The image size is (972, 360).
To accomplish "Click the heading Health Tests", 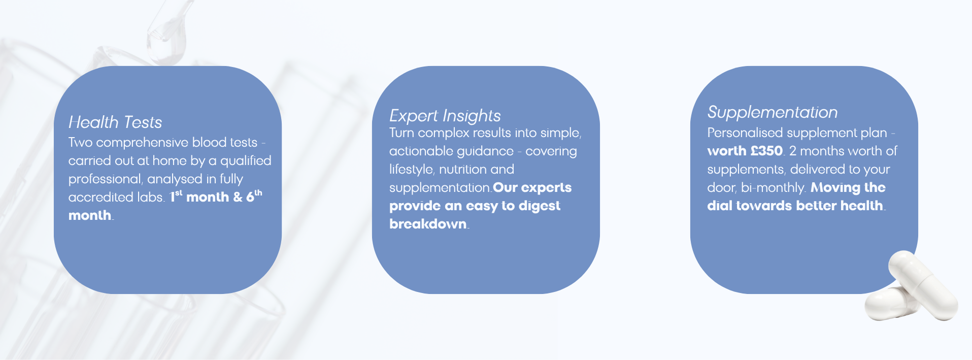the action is coord(115,122).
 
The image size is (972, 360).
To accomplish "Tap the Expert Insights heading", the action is coord(445,116).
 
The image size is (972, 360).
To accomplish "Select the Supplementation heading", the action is coord(773,112).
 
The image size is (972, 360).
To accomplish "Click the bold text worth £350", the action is coord(745,151).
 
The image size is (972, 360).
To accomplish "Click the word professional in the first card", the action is coord(105,179).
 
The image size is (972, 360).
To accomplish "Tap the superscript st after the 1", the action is coord(179,192).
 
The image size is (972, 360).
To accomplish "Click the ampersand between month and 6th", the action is coord(238,197).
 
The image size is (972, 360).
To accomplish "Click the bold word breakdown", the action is coord(428,224).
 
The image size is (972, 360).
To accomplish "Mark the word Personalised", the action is coord(744,133).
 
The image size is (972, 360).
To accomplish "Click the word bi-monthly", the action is coord(773,188).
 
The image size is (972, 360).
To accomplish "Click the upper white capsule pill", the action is coord(923,284).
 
